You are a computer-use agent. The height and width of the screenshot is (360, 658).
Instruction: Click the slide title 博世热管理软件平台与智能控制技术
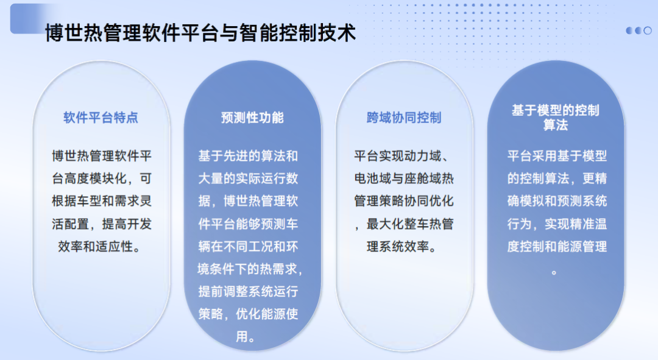click(200, 33)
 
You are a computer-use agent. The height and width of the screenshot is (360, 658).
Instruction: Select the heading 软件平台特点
click(101, 118)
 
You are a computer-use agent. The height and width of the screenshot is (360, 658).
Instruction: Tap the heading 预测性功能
click(252, 118)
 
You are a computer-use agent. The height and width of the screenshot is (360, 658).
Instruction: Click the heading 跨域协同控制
click(404, 118)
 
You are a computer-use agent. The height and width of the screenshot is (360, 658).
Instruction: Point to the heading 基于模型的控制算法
click(556, 118)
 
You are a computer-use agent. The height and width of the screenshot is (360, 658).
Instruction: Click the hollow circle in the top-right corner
click(648, 30)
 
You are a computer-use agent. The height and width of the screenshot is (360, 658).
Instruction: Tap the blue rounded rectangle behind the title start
click(29, 18)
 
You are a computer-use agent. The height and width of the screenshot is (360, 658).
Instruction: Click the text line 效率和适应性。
click(99, 246)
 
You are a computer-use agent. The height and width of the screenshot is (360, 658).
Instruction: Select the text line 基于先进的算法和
click(248, 156)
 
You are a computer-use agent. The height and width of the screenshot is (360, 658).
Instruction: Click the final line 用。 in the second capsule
click(246, 336)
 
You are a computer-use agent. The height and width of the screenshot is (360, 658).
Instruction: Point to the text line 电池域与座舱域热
click(404, 178)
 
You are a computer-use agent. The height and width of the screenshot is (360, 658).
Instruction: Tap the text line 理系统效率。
click(402, 246)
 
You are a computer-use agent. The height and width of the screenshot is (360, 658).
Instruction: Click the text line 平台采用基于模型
click(557, 156)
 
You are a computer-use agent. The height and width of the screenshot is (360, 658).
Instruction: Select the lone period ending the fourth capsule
click(554, 273)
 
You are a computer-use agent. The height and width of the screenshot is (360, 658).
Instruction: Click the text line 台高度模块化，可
click(102, 178)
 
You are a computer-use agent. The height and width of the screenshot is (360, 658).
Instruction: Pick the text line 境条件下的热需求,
click(250, 269)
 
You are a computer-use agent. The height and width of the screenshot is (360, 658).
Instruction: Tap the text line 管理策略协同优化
click(404, 201)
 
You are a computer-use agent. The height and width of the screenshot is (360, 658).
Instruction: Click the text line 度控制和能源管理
click(557, 246)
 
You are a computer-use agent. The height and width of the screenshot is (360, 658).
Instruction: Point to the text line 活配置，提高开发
click(102, 224)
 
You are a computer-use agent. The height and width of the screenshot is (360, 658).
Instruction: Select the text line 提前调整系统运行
click(248, 291)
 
